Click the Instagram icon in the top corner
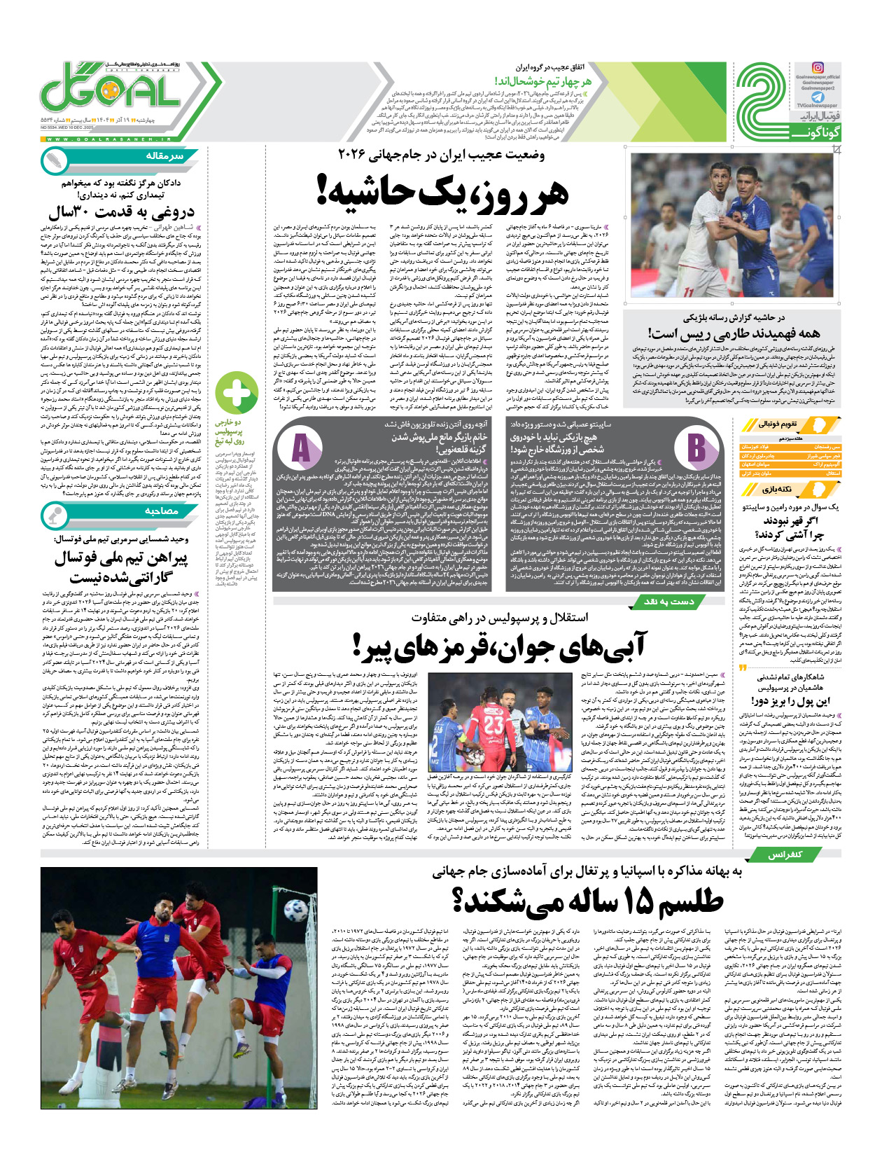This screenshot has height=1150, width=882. pos(818,69)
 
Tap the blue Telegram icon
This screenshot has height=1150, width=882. pos(818,97)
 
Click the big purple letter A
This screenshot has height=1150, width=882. pos(301,448)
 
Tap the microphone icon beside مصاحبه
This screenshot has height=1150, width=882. pos(55,516)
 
